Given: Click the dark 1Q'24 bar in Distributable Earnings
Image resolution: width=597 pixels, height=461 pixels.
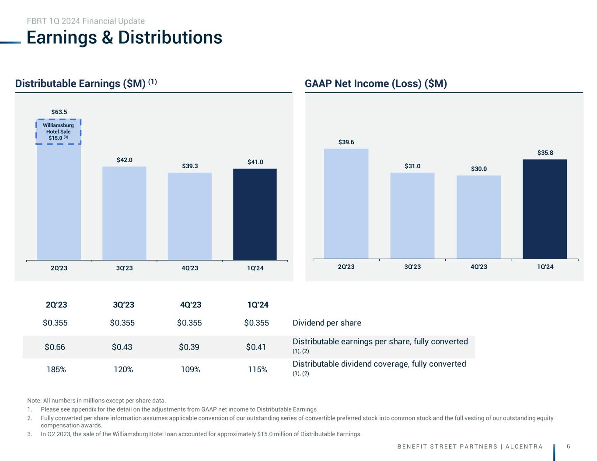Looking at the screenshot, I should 255,214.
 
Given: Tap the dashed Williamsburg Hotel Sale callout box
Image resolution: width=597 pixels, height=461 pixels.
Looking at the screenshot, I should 59,132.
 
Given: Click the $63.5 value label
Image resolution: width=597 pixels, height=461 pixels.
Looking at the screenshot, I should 59,112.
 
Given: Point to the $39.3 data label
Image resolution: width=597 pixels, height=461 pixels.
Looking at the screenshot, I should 190,166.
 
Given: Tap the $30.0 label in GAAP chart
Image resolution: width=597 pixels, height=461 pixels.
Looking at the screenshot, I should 479,169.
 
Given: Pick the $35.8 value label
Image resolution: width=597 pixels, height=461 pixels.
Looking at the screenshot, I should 545,153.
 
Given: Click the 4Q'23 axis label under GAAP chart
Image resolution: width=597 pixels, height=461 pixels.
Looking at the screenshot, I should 478,267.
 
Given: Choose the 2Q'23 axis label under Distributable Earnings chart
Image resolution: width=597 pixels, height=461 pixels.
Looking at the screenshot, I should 59,268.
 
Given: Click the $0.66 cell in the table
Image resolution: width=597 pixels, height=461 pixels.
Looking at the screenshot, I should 55,347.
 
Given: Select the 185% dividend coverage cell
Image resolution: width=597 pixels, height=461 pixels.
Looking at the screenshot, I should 56,370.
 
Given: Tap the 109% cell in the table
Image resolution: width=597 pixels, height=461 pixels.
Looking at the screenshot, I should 190,370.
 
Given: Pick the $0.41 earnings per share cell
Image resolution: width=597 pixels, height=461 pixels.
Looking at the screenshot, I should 256,347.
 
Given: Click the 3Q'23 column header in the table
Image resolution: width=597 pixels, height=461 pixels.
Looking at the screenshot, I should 123,305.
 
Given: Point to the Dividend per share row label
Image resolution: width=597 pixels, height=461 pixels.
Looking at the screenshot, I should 327,323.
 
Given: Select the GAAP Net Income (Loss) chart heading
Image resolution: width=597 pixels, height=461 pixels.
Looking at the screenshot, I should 376,83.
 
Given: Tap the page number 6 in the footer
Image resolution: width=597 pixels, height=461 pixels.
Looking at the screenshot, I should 568,446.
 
